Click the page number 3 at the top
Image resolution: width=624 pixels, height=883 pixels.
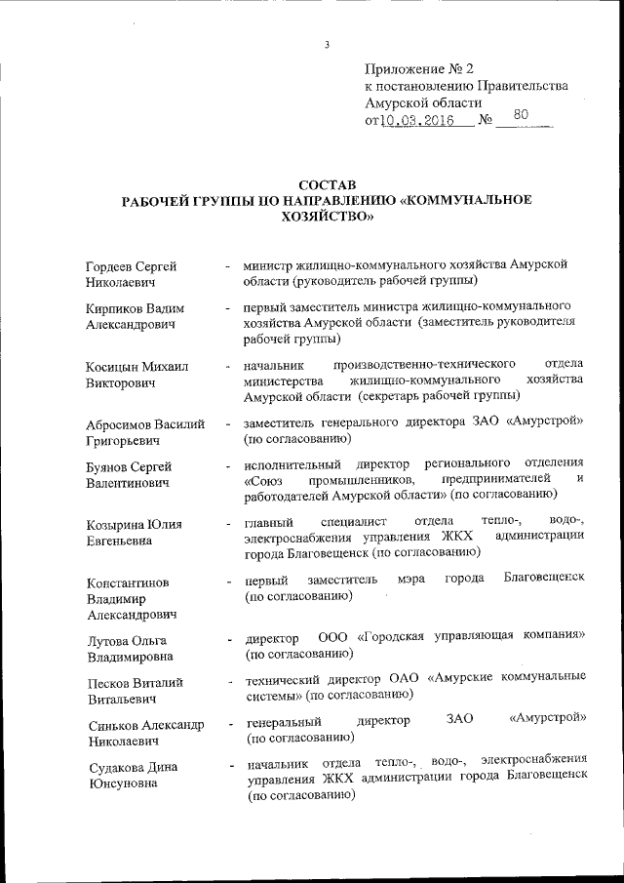click(x=328, y=45)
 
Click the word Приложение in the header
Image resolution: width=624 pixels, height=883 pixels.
click(x=403, y=69)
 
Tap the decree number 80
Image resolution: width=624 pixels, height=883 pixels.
click(x=522, y=115)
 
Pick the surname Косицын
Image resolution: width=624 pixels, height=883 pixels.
click(x=112, y=367)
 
